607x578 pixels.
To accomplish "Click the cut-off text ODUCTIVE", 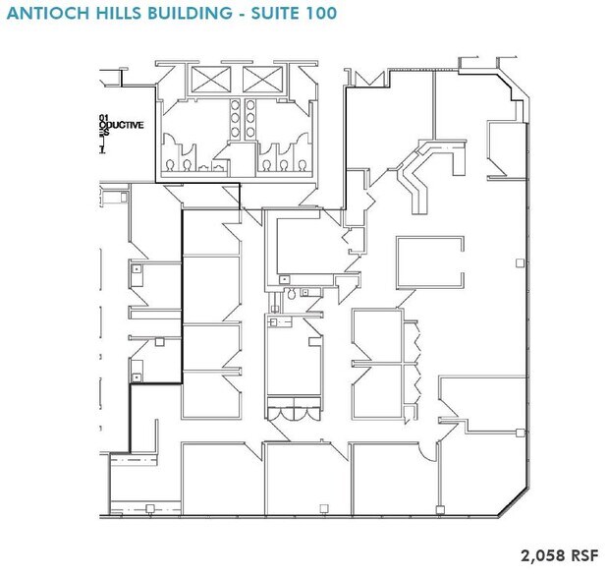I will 122,126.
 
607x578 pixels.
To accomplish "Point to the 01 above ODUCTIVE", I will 103,117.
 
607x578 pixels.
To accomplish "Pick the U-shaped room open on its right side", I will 428,260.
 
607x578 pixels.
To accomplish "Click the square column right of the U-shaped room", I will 519,261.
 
